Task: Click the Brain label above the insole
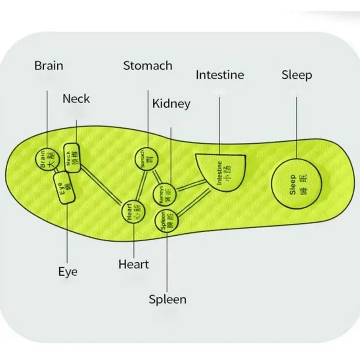49,66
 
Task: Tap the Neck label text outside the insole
76,99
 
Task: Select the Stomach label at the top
148,66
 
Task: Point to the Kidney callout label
171,104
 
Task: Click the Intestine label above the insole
220,75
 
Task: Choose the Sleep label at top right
297,75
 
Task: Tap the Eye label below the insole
67,271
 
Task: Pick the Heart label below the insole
134,264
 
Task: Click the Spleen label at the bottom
167,299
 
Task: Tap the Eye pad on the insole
64,188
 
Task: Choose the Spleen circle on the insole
167,221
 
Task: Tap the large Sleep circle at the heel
298,184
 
